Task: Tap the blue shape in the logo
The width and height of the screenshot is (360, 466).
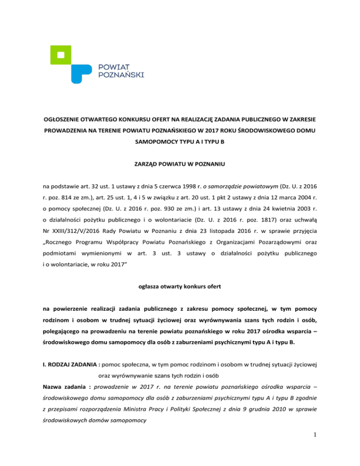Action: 82,71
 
